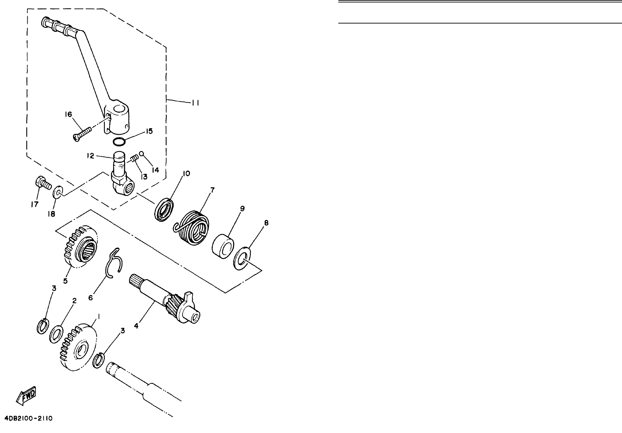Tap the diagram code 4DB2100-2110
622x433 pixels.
click(x=29, y=418)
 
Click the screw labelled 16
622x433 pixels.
click(x=82, y=133)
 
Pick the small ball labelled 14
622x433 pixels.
click(x=141, y=153)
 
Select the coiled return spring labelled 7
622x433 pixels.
click(x=191, y=226)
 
